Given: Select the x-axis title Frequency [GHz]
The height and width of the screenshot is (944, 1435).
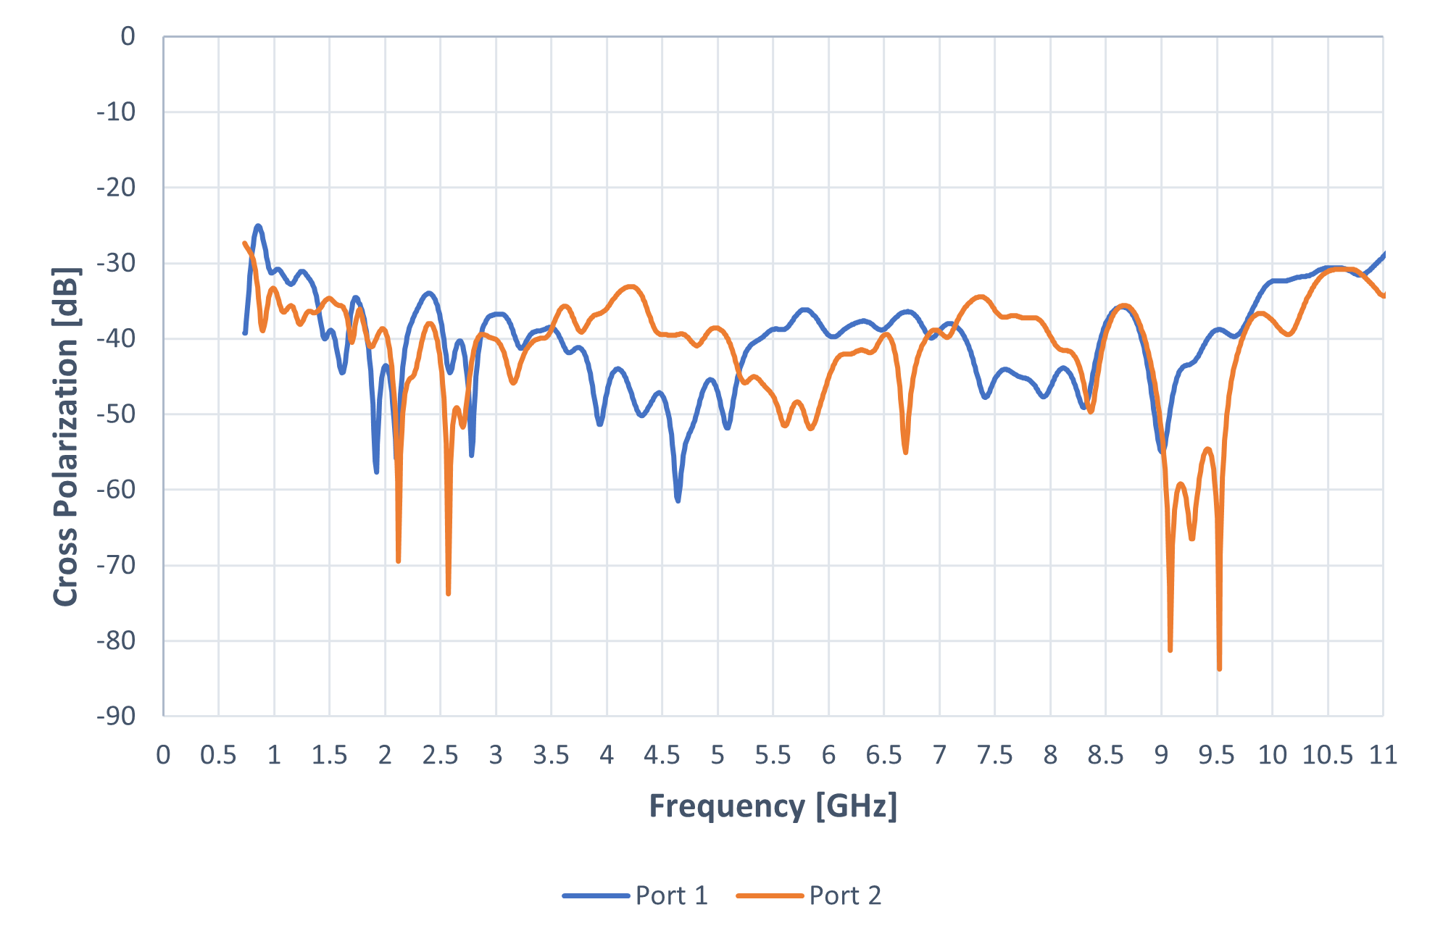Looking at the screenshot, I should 773,806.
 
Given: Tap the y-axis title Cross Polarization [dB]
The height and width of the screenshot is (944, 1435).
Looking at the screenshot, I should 66,437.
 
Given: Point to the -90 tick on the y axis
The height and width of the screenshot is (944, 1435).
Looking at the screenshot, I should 117,716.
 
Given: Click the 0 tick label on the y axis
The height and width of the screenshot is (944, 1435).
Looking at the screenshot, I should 128,36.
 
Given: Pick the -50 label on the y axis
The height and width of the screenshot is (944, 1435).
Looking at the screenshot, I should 117,414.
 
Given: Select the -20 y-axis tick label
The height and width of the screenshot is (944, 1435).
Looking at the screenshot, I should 117,188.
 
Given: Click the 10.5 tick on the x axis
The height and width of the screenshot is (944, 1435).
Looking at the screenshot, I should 1327,756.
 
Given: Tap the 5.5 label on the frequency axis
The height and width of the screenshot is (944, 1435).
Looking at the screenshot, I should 773,756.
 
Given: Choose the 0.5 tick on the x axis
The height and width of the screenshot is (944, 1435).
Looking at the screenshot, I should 218,756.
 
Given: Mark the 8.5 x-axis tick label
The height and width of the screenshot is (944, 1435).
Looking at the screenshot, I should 1105,756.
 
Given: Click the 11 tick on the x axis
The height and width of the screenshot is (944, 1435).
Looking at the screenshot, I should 1383,756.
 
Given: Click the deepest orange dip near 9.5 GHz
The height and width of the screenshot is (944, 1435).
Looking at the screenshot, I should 1219,669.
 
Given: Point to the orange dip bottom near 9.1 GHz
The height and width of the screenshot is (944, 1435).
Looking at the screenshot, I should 1170,650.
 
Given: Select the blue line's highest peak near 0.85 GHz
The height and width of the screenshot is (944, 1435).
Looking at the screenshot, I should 258,226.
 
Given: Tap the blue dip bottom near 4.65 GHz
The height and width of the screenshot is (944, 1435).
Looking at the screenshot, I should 678,500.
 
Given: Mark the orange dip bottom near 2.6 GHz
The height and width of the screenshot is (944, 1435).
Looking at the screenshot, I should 449,593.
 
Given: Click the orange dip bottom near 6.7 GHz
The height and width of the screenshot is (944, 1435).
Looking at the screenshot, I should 906,453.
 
